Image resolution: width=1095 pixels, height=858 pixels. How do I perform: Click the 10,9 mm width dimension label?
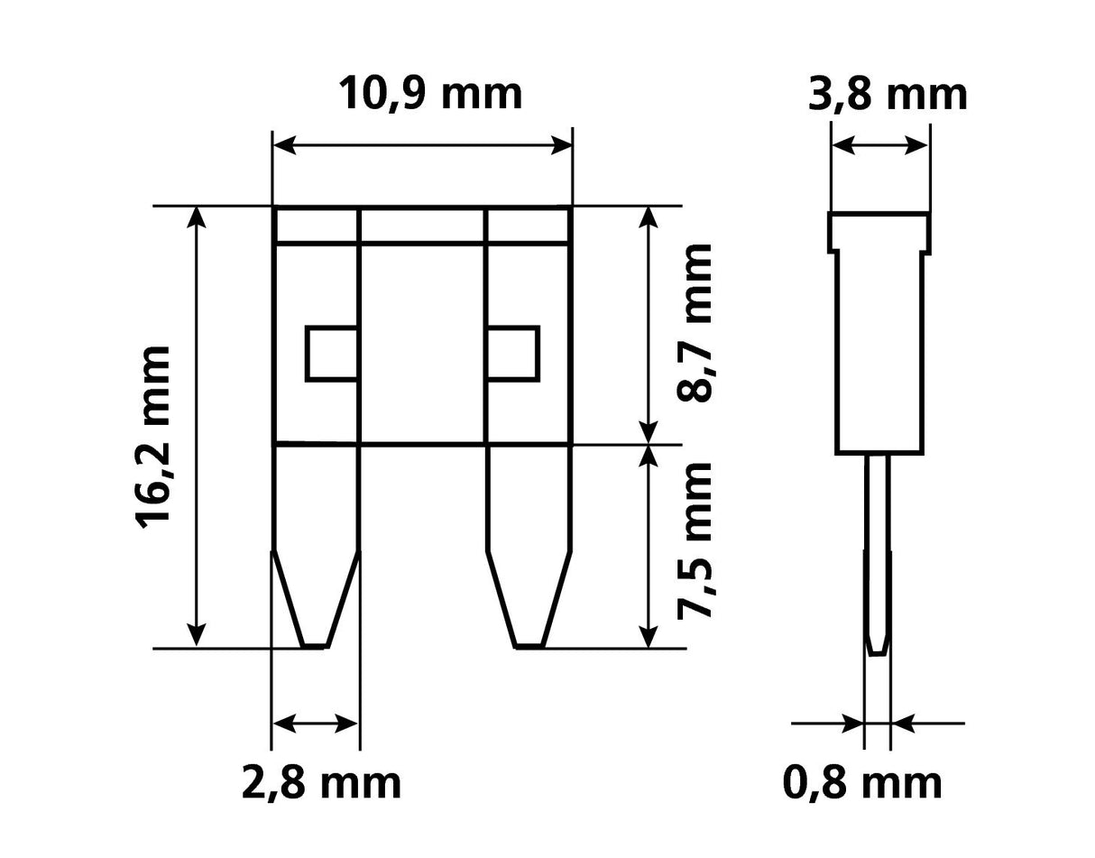pos(430,93)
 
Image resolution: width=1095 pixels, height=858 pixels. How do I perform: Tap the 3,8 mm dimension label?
pos(888,94)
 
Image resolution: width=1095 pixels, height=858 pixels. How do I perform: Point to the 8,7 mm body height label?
pos(695,320)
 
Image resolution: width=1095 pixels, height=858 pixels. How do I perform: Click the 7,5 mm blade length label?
pos(695,540)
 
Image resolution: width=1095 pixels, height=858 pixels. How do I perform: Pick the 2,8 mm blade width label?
pos(321,782)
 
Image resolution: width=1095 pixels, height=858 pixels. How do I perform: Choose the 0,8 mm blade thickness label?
pos(862,782)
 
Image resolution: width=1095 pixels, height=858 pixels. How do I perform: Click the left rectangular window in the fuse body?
pos(332,353)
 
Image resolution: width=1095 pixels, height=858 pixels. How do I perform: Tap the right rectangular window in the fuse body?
pos(512,353)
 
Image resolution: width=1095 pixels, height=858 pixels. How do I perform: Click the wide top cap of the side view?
pos(879,231)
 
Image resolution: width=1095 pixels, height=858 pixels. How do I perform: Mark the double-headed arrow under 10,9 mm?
pos(422,144)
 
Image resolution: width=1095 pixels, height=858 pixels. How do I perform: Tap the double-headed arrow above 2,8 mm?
pos(315,723)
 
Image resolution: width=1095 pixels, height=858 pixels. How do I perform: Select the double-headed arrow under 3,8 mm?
pos(879,144)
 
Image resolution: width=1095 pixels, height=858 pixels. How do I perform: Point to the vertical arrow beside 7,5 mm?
pos(648,546)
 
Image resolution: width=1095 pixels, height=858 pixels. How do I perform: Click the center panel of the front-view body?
pos(422,343)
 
